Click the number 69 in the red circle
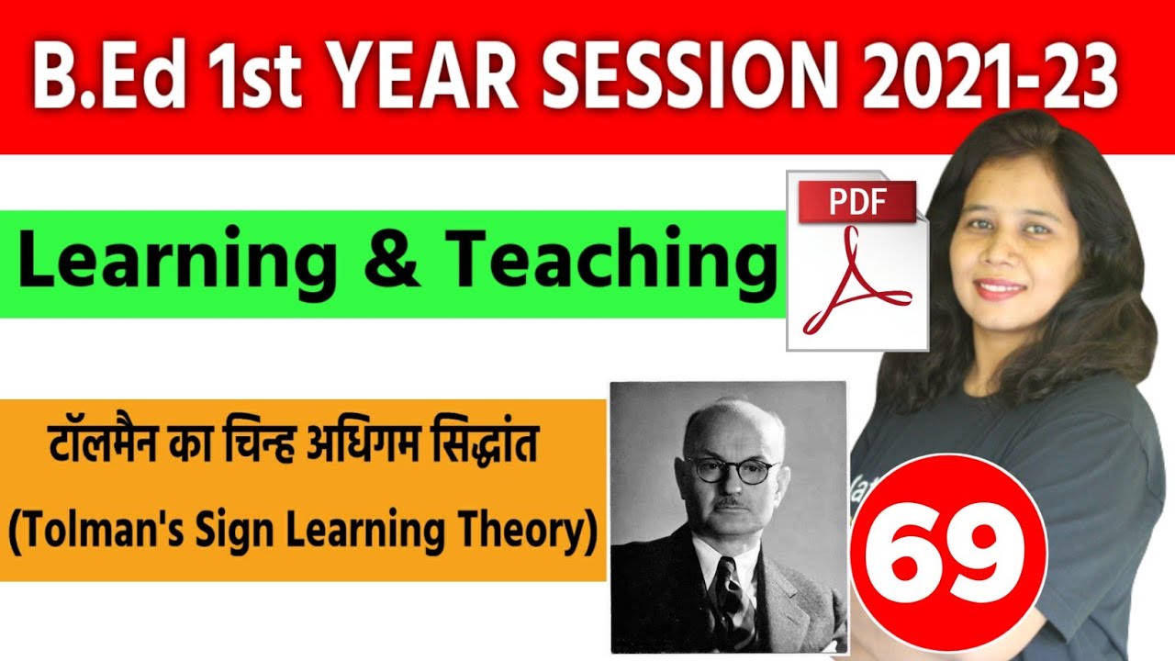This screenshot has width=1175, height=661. [x=948, y=550]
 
